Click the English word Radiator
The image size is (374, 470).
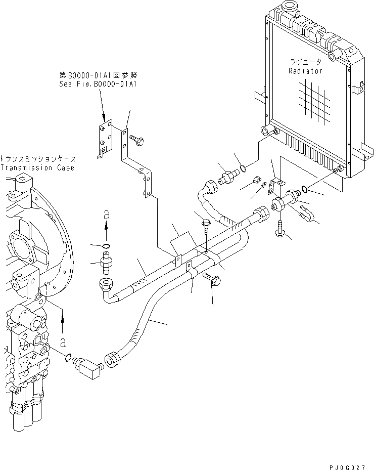305,71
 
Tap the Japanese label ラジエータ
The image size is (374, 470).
305,62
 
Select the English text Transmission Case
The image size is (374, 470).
37,167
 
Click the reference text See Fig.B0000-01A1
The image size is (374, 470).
97,84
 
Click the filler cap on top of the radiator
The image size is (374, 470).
290,7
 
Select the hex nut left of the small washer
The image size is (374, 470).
256,180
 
